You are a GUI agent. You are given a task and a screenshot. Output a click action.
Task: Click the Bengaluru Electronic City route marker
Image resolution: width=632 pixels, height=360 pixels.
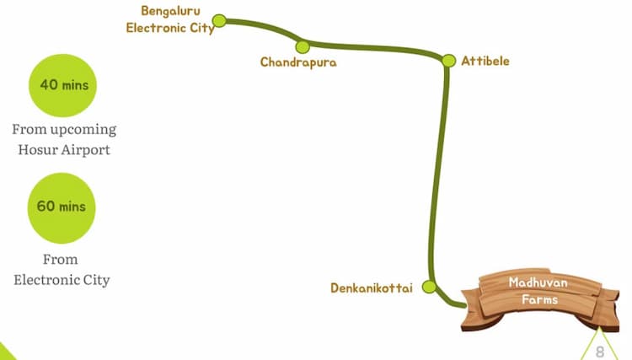(219, 20)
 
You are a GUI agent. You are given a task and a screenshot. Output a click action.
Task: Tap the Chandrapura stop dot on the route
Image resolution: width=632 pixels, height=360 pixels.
(303, 46)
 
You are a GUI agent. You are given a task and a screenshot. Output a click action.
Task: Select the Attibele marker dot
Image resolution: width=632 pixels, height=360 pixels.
(449, 61)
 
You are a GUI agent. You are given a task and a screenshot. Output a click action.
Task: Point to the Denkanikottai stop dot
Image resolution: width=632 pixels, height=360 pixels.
(429, 287)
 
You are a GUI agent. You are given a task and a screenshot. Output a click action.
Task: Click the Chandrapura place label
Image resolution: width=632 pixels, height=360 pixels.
(298, 62)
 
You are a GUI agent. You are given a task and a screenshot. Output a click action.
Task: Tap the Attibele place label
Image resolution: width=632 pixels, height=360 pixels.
(485, 61)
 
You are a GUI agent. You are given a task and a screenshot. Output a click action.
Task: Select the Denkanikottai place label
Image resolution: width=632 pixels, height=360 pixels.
(372, 288)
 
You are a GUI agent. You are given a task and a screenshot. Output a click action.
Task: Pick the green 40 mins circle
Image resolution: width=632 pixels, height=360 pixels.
(64, 86)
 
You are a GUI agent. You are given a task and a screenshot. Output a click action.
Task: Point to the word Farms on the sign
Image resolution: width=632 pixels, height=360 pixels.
(539, 300)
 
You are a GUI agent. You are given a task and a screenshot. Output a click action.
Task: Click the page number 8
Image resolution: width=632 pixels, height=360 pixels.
(600, 351)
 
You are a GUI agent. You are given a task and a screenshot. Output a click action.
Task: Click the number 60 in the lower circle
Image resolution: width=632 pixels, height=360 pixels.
(45, 207)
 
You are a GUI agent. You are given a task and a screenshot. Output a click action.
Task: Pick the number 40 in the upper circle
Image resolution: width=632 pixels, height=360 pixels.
(49, 85)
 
